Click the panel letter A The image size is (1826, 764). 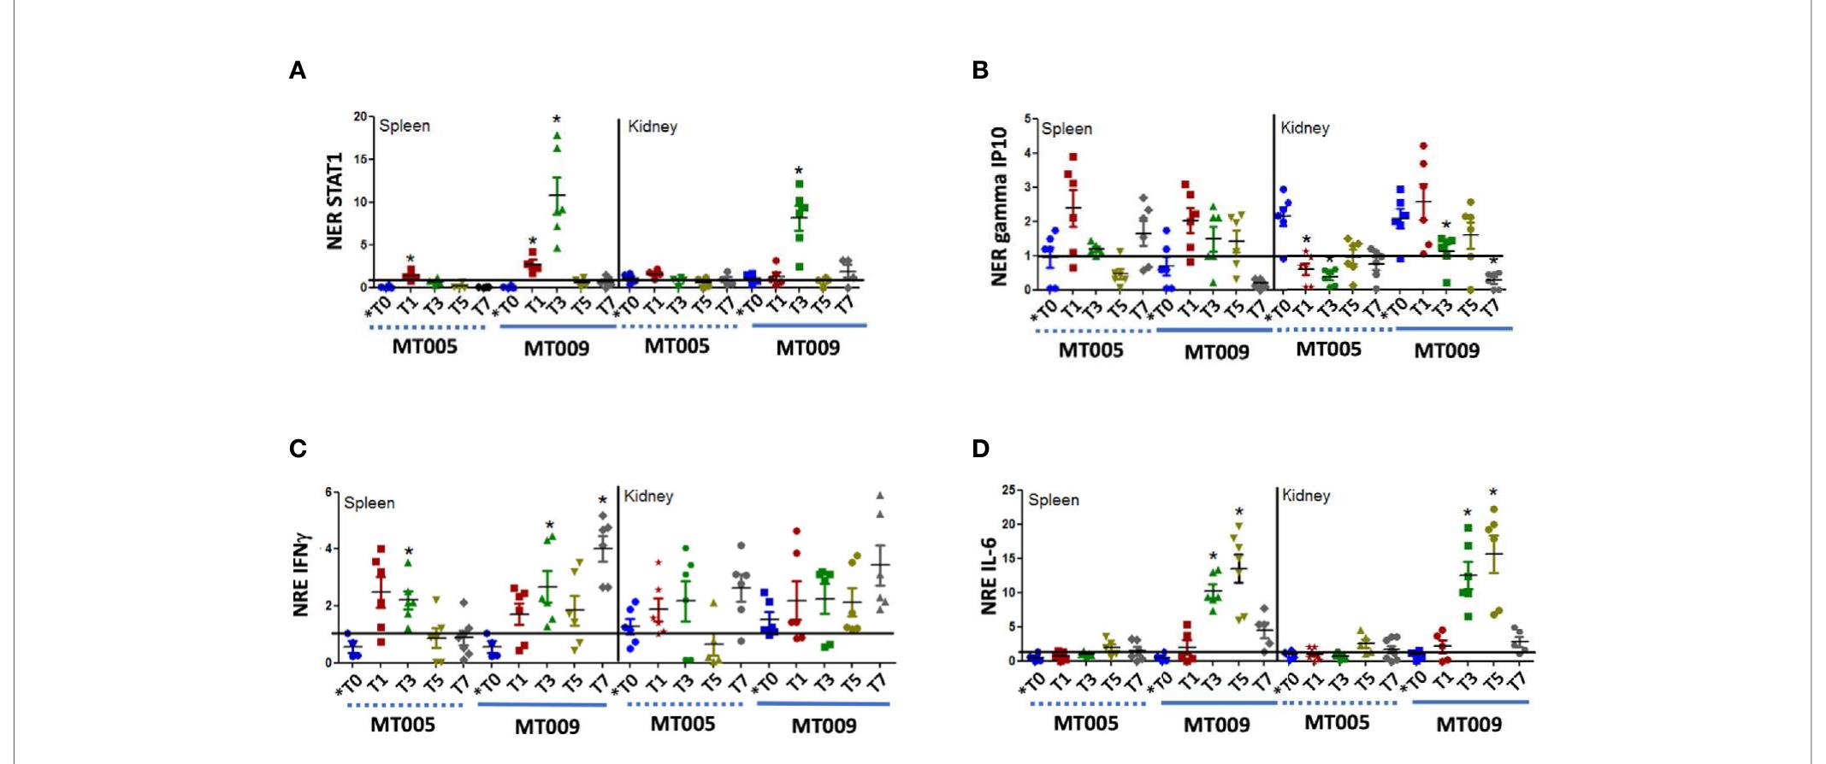coord(298,71)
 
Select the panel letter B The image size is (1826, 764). coord(980,71)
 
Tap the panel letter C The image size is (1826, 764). coord(298,449)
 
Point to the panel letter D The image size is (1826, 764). coord(981,449)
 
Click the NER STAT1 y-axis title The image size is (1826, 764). coord(334,202)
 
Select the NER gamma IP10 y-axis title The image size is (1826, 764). coord(999,204)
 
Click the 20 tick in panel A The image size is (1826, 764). coord(361,117)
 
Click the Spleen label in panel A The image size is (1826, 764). coord(405,126)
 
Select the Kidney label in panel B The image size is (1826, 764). coord(1305,127)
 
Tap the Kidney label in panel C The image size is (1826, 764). coord(649,496)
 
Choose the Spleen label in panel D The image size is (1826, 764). coord(1054,500)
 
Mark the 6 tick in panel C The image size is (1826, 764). coord(328,492)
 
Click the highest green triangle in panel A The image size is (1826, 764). coord(557,135)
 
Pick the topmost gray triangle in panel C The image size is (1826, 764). coord(879,496)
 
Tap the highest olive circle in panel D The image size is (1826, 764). coord(1494,509)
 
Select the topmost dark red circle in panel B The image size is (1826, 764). coord(1423,146)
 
